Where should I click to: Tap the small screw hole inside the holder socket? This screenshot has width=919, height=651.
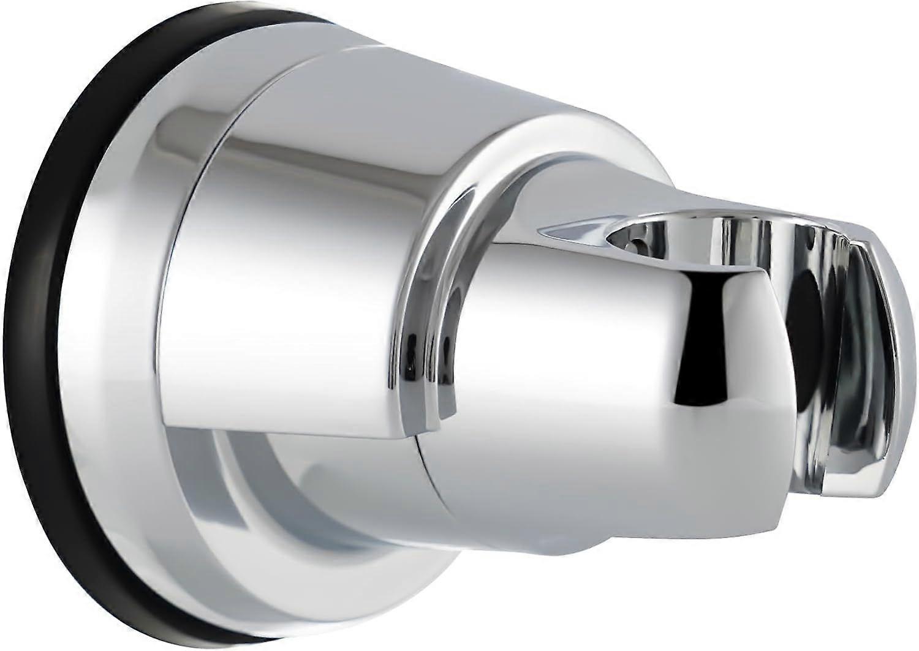pos(641,242)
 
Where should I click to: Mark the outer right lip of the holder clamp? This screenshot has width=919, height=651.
pos(870,343)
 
